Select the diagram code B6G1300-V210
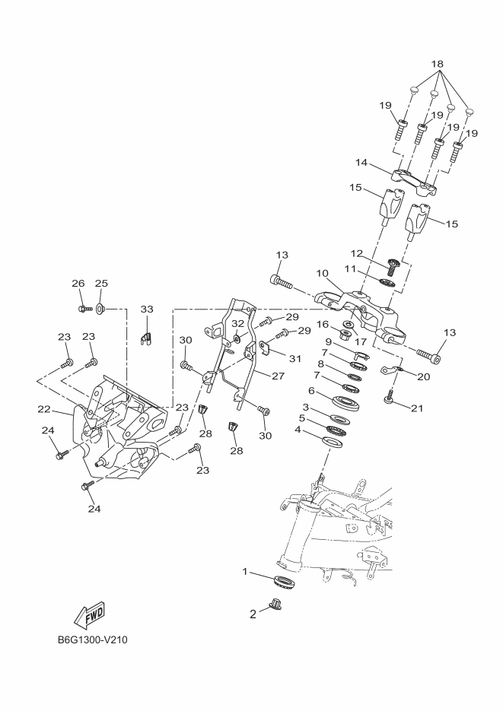[92, 640]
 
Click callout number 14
[361, 163]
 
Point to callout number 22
[44, 409]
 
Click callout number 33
[147, 309]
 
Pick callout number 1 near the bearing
[245, 570]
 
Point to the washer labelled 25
[100, 309]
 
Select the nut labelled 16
[346, 333]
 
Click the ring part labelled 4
[333, 441]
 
